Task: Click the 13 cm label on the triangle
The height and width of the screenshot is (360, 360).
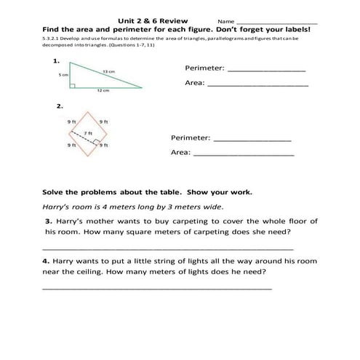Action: [108, 71]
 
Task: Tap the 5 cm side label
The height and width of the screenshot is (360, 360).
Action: [63, 75]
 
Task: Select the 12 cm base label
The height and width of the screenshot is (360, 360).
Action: [103, 91]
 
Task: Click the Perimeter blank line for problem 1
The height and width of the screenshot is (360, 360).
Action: [267, 70]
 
